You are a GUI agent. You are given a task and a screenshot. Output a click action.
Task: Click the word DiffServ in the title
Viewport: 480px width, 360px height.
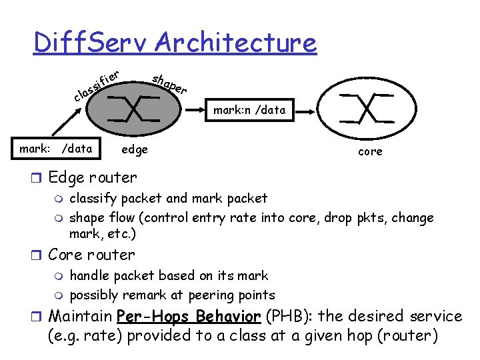[x=91, y=43]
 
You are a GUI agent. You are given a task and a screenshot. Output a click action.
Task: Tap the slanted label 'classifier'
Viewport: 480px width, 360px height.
[x=97, y=87]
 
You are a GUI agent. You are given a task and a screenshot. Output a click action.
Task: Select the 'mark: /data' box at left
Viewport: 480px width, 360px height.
[x=56, y=149]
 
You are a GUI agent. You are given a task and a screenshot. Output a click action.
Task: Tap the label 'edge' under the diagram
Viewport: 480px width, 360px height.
[x=135, y=149]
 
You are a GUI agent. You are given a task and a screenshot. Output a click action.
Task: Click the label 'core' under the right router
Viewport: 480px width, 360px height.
[x=370, y=151]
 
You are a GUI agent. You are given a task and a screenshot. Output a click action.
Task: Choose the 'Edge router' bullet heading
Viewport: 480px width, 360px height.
[x=93, y=177]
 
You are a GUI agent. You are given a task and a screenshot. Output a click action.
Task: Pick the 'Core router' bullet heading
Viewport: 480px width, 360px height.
[x=91, y=255]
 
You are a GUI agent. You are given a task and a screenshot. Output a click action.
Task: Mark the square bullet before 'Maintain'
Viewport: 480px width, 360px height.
[x=39, y=316]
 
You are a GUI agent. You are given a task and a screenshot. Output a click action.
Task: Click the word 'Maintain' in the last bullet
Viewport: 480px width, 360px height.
[x=80, y=315]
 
